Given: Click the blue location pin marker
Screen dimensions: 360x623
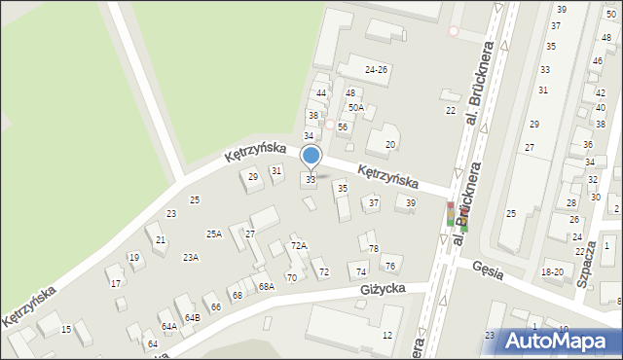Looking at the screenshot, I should (311, 157).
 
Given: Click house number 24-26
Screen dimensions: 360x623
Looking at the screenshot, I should (376, 70).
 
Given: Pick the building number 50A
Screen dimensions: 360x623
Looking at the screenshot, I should (356, 108).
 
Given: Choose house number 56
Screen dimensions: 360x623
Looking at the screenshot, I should (343, 127).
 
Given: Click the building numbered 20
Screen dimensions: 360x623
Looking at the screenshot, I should (390, 145).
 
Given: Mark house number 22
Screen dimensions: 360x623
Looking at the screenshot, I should (451, 111).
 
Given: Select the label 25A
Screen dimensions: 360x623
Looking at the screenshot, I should (214, 234).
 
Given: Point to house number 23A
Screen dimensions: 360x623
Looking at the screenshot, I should (191, 258).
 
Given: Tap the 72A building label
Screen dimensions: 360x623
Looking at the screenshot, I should (299, 247).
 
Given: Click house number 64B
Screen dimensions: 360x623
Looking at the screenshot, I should (193, 317).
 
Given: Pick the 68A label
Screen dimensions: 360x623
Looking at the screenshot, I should (266, 287).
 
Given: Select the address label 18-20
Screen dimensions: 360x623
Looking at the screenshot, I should (553, 272).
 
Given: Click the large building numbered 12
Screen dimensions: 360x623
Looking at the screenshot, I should (386, 336).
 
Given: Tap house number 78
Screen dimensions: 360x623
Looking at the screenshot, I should (373, 250).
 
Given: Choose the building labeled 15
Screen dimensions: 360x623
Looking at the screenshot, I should (66, 330).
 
